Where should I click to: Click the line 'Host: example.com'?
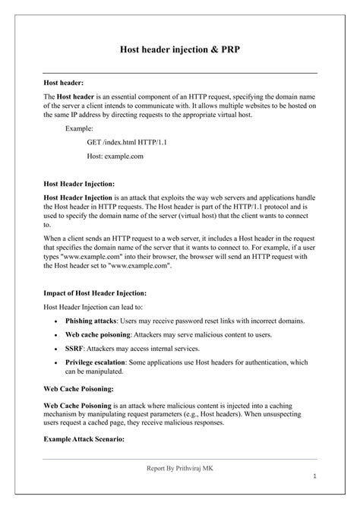point(115,156)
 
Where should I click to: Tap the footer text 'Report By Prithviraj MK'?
point(180,469)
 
